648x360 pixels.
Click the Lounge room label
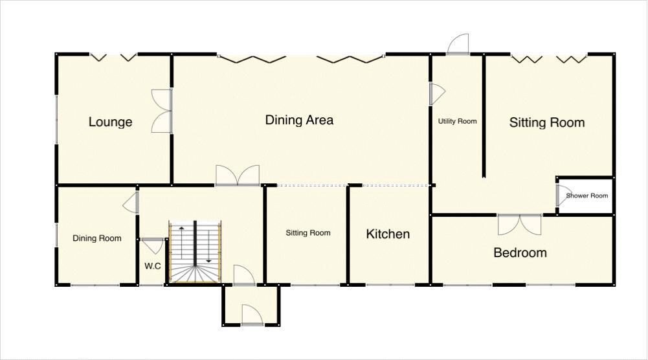(110, 122)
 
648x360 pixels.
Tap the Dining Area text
(299, 120)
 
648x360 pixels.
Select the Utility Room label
(457, 121)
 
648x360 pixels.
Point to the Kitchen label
(388, 234)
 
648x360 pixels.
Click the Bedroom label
(520, 253)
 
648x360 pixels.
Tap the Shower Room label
(587, 196)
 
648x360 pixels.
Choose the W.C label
(152, 265)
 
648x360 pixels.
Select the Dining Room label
(96, 238)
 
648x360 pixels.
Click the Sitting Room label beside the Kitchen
(308, 233)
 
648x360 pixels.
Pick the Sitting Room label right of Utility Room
(546, 122)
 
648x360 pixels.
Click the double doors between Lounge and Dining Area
(162, 111)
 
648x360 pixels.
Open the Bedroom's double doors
(519, 224)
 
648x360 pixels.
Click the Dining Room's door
(131, 202)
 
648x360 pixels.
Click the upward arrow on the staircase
(182, 229)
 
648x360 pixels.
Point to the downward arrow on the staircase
(208, 260)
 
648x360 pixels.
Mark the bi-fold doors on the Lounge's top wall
(113, 58)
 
